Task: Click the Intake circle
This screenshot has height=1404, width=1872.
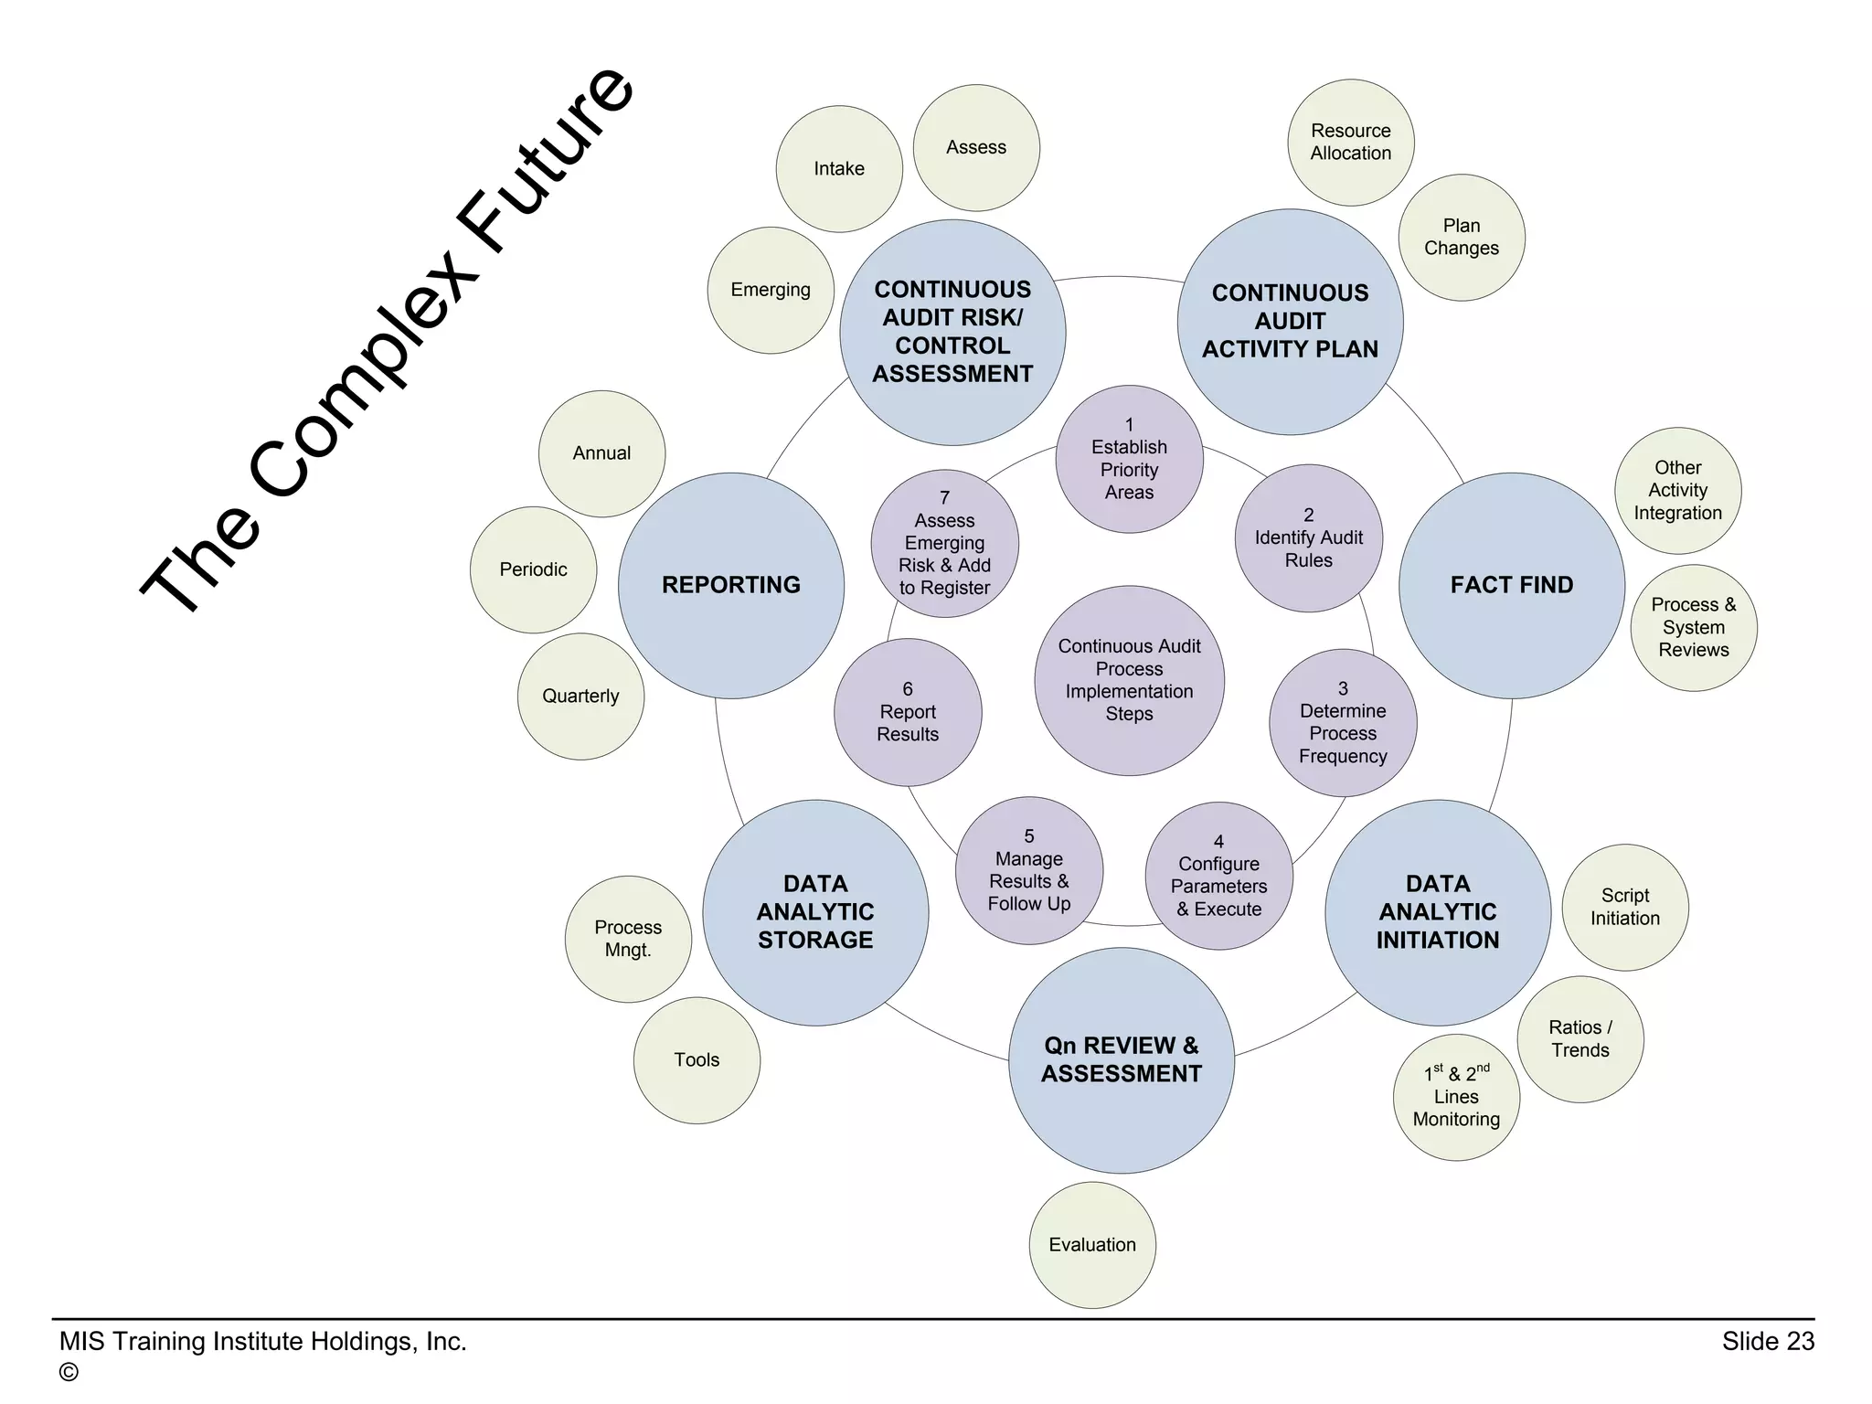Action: [x=839, y=169]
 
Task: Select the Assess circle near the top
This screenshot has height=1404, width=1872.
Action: [x=976, y=148]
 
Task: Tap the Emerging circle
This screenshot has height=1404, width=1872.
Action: [x=771, y=291]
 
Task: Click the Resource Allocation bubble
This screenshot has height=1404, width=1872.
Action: [x=1351, y=143]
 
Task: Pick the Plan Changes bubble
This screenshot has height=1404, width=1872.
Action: [x=1462, y=238]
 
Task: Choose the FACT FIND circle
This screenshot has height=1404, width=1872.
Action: [x=1512, y=586]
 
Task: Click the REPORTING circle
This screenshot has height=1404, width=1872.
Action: [x=731, y=586]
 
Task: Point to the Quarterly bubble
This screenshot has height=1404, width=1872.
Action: [x=580, y=697]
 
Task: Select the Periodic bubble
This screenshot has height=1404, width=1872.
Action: [x=533, y=570]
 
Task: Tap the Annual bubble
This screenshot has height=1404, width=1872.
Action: [x=601, y=453]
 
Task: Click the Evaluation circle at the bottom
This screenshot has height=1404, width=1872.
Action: [x=1092, y=1245]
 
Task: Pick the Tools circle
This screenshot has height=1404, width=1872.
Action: [x=697, y=1060]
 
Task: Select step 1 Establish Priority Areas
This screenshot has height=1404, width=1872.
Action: [x=1129, y=459]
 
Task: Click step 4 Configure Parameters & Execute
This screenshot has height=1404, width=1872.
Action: [x=1218, y=876]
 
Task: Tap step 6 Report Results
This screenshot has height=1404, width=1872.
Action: [x=908, y=712]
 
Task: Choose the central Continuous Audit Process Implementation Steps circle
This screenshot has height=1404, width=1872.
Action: [x=1129, y=681]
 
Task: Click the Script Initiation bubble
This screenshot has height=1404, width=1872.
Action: [x=1625, y=907]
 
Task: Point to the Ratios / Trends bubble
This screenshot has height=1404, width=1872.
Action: [x=1580, y=1039]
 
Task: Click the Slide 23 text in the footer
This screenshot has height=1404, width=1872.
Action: [x=1768, y=1341]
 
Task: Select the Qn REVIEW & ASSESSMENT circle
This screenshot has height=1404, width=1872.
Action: [x=1122, y=1060]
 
